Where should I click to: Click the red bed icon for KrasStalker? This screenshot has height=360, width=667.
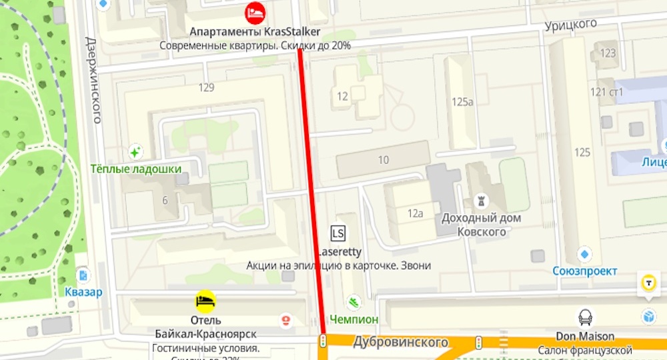(x=255, y=11)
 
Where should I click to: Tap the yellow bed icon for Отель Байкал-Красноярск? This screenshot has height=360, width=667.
(x=205, y=301)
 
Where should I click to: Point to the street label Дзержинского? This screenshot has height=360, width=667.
(x=93, y=79)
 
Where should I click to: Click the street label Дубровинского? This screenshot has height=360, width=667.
(x=400, y=342)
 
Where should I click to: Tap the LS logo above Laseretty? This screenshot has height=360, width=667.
(x=338, y=233)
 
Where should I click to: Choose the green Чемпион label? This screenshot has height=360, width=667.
(x=354, y=319)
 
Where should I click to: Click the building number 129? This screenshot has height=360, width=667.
(x=206, y=87)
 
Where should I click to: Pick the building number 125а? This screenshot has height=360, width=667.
(x=462, y=102)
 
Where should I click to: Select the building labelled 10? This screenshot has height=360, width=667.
(x=383, y=160)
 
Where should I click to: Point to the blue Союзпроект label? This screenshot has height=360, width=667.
(x=584, y=271)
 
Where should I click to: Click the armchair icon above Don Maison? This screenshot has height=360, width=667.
(x=585, y=317)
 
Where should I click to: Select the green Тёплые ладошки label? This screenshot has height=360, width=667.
(x=137, y=169)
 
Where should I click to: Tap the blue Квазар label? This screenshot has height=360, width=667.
(x=84, y=292)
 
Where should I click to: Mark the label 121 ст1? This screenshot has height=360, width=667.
(x=607, y=92)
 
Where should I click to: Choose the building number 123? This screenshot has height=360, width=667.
(x=608, y=53)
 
